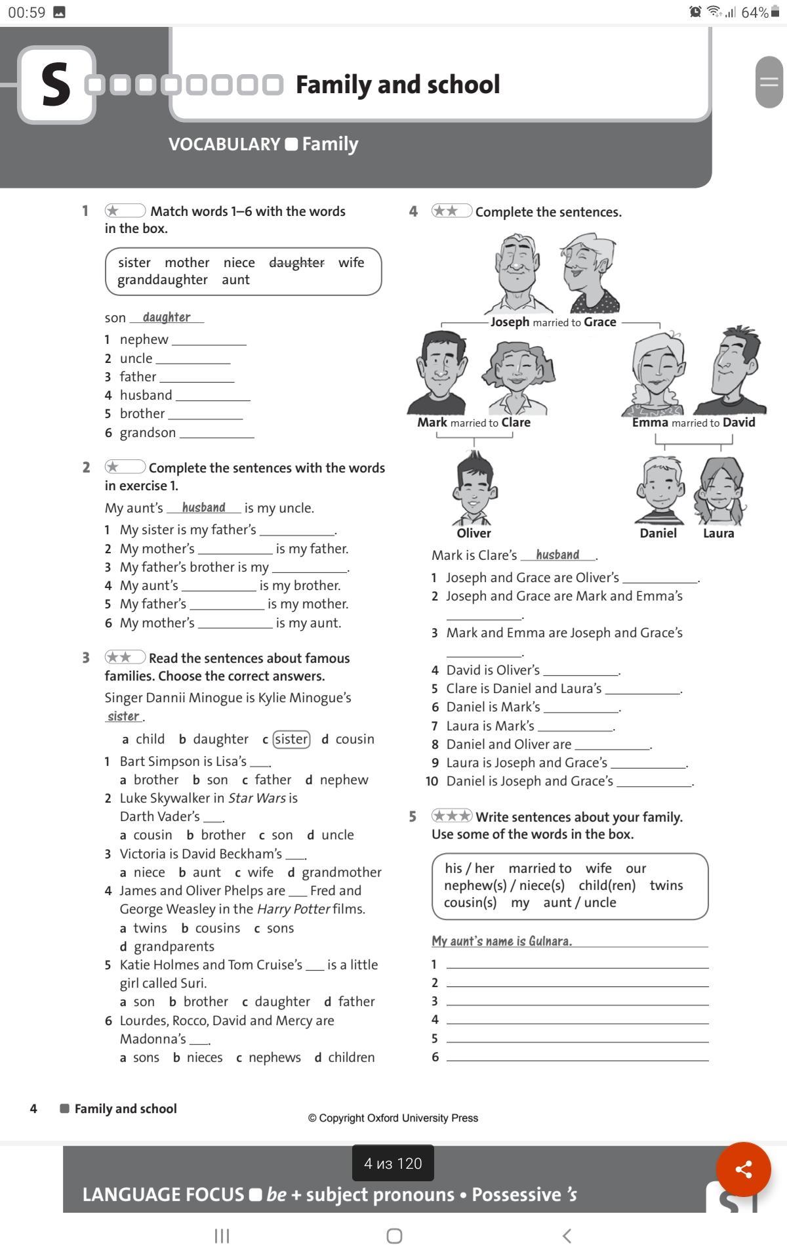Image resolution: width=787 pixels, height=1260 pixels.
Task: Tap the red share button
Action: [x=743, y=1169]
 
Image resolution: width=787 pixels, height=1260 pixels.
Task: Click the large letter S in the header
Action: [x=56, y=85]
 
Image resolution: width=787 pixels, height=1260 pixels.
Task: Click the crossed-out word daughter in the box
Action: [x=296, y=262]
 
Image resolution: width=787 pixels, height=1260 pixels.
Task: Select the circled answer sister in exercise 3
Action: [x=291, y=739]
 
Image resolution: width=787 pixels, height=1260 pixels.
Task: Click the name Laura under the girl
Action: [x=718, y=533]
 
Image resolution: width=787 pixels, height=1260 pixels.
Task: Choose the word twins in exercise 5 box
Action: [x=666, y=885]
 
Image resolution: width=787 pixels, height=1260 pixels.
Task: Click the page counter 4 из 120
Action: [x=393, y=1164]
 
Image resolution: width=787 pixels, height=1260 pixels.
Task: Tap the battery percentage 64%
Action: [x=754, y=12]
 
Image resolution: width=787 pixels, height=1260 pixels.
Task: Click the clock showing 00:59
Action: [x=26, y=12]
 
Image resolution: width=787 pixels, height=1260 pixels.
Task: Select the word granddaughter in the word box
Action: [x=163, y=280]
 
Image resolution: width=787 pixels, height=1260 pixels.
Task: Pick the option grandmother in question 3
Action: [x=341, y=872]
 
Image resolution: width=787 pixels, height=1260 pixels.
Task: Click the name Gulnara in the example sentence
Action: [x=550, y=941]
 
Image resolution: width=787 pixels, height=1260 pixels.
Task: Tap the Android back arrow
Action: [x=567, y=1236]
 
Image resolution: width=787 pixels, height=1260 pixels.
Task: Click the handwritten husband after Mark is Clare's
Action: [x=557, y=555]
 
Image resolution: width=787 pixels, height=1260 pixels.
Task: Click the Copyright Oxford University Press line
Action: [x=393, y=1118]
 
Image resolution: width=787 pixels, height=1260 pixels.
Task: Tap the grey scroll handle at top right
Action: [x=769, y=82]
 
